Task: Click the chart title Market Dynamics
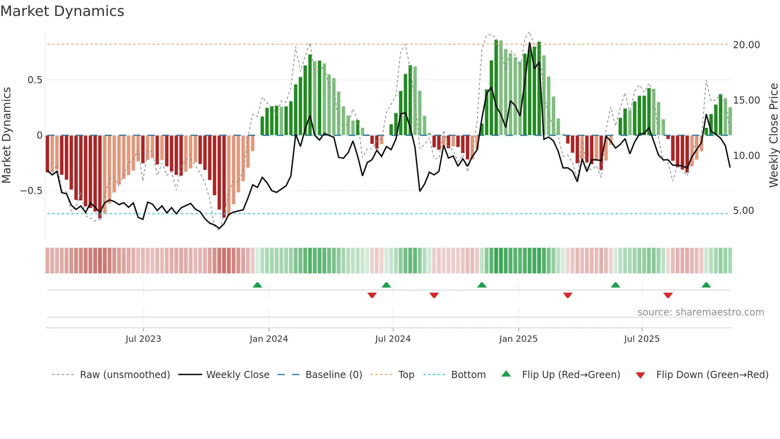click(x=62, y=11)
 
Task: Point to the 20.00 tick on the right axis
click(x=746, y=45)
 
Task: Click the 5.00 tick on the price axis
click(x=743, y=211)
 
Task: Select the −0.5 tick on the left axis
click(x=31, y=191)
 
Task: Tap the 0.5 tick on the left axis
click(x=35, y=80)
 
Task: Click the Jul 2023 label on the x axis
click(x=143, y=339)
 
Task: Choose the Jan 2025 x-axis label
click(x=518, y=339)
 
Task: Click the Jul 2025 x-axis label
click(x=642, y=339)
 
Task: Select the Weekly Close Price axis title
click(x=773, y=135)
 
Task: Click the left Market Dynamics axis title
click(x=6, y=135)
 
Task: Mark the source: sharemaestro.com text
click(x=700, y=312)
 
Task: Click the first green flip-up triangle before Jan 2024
click(x=257, y=285)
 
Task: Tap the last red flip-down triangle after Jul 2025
click(x=668, y=295)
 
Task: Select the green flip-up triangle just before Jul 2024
click(x=386, y=285)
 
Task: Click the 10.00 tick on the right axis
click(x=746, y=156)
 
